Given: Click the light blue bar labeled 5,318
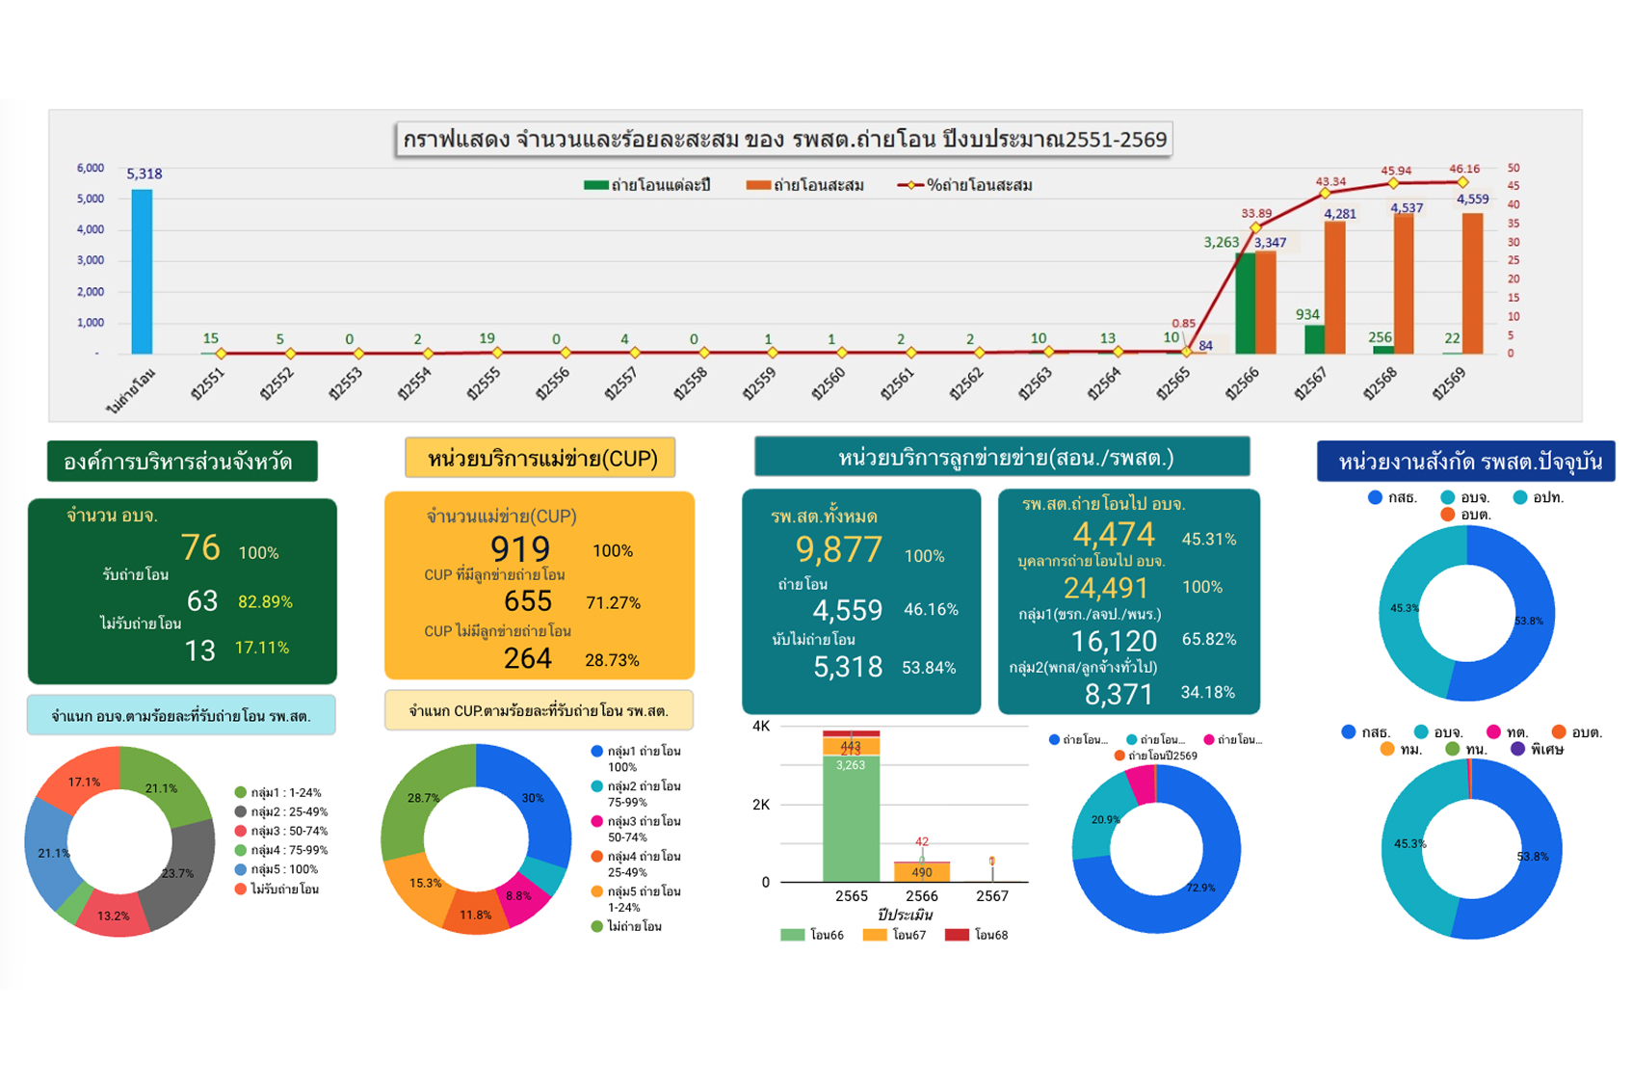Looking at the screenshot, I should (142, 272).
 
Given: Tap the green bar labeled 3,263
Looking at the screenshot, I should (1245, 303).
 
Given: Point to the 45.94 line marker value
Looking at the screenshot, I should (1396, 171).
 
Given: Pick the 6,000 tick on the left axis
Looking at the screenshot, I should (91, 168).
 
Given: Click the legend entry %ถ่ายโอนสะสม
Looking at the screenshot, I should (966, 185).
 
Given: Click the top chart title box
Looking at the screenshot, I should (783, 140).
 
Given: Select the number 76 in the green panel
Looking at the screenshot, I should (200, 548).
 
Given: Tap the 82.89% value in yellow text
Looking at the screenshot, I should (265, 602).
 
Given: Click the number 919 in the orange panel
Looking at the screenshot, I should (520, 549).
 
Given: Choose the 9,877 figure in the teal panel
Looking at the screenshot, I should (838, 550).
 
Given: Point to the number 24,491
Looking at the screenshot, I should (1106, 588).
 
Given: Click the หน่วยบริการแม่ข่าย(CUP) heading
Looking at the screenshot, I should (540, 459).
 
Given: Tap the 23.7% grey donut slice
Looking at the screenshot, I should (183, 872).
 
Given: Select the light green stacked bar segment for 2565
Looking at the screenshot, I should (851, 819).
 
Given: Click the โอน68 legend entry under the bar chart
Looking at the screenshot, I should (978, 935).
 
